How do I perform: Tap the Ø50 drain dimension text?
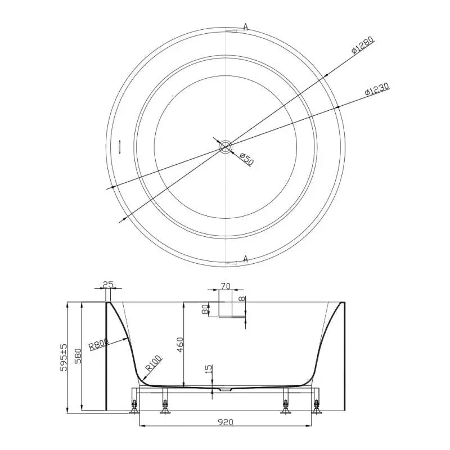click(246, 159)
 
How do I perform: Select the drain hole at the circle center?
click(225, 147)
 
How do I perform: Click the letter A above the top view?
click(246, 26)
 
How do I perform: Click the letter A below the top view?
click(246, 259)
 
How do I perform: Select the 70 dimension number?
click(225, 286)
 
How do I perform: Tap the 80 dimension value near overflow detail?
click(205, 309)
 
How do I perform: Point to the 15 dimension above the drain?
click(209, 369)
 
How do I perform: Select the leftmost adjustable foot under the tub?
click(134, 405)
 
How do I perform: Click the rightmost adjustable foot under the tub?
click(317, 405)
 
